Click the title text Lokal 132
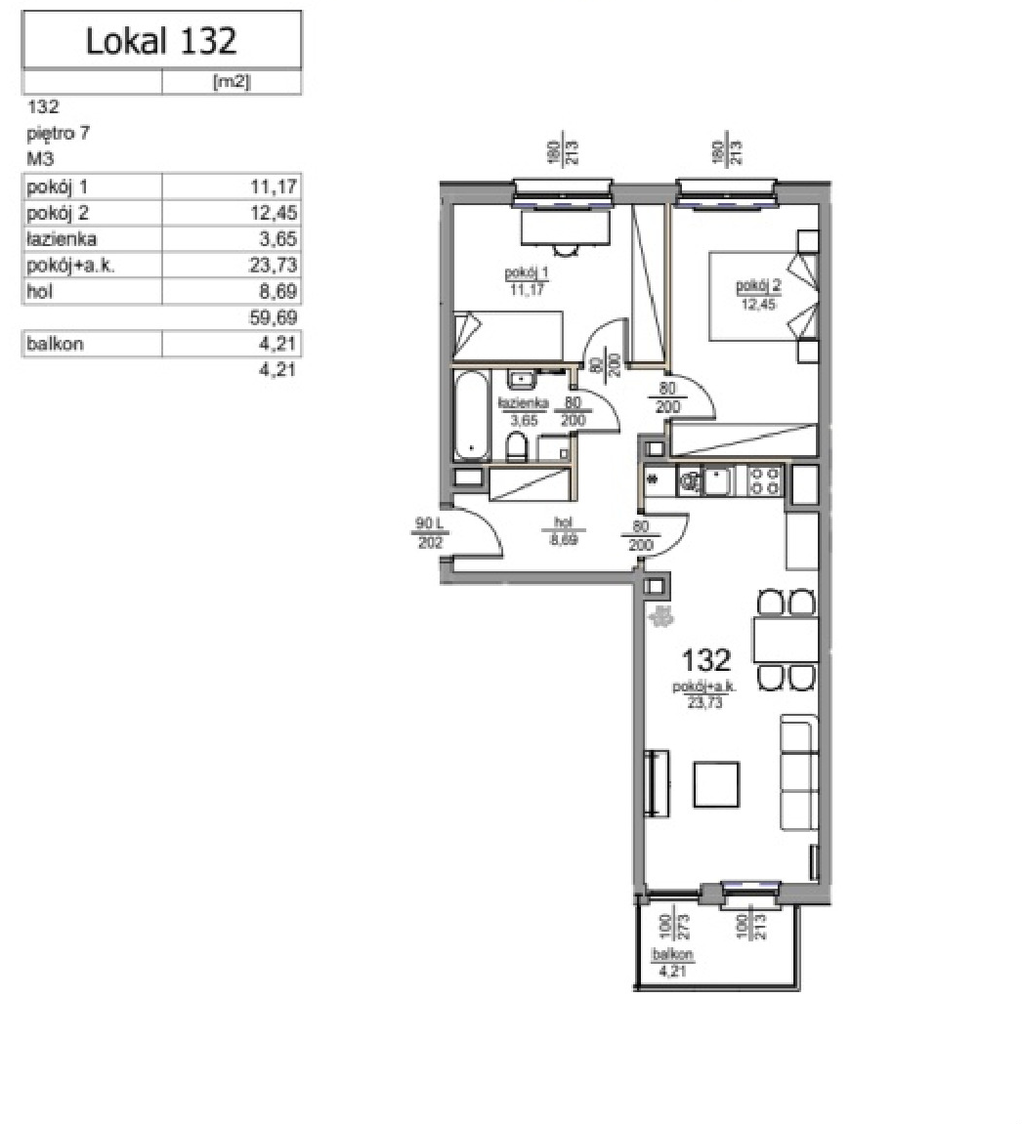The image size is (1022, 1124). [x=160, y=41]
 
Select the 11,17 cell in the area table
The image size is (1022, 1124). [x=274, y=187]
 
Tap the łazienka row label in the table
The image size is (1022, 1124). [x=62, y=238]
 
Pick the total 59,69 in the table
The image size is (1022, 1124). [x=274, y=316]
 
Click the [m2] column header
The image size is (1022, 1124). [x=232, y=82]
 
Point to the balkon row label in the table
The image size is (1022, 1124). [x=56, y=344]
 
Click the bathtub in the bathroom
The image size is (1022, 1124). [x=472, y=415]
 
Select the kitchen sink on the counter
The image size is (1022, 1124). [x=716, y=480]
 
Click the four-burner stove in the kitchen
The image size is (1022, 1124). [x=764, y=480]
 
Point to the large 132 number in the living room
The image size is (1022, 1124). [x=705, y=659]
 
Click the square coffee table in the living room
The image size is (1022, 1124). [x=716, y=784]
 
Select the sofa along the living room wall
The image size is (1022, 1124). [x=799, y=772]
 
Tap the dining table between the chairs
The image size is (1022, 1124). [x=786, y=640]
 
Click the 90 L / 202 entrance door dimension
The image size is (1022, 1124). [x=430, y=533]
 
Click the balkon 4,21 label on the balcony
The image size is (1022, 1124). [x=673, y=963]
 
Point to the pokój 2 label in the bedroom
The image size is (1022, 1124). [x=759, y=286]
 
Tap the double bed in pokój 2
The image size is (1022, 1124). [x=763, y=295]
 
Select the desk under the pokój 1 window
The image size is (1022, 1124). [x=565, y=228]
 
